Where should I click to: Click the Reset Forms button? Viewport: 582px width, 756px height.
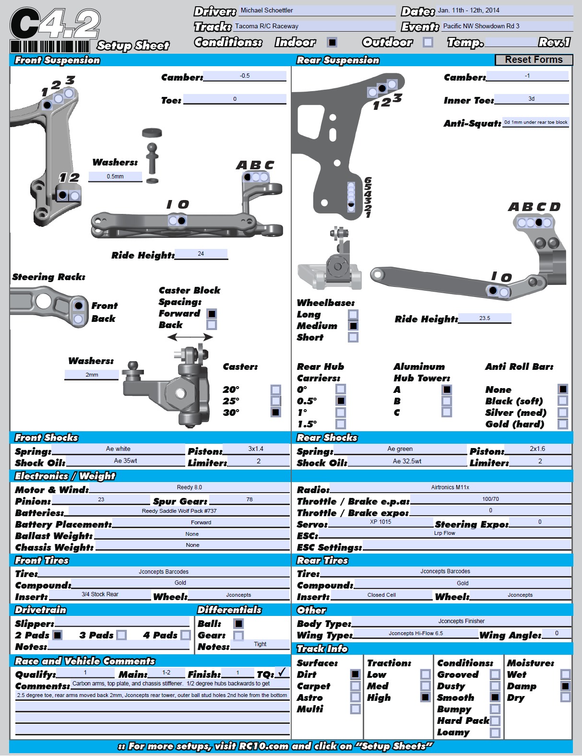(x=534, y=59)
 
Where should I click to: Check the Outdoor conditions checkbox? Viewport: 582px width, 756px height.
(x=428, y=42)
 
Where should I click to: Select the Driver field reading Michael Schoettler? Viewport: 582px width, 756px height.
(x=318, y=11)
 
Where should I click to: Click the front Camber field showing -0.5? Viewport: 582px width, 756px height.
(x=245, y=76)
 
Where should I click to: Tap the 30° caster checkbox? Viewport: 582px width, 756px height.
(x=276, y=412)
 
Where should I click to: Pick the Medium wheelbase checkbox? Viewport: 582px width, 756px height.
(x=353, y=326)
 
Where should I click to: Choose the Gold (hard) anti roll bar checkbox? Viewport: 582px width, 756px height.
(x=563, y=424)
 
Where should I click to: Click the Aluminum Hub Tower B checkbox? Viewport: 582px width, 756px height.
(x=447, y=401)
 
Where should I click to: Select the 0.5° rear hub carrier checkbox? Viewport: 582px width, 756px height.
(x=341, y=401)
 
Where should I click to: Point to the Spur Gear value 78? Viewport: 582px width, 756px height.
(x=249, y=499)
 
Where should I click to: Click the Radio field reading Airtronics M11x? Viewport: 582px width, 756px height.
(x=450, y=487)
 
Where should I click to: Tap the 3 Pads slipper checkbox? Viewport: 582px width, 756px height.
(x=122, y=635)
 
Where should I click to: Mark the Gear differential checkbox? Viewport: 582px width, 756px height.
(x=238, y=635)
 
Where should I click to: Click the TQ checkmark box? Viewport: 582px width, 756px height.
(x=282, y=673)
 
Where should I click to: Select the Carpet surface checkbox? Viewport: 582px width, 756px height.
(x=356, y=686)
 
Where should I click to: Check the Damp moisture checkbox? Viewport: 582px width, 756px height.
(x=566, y=686)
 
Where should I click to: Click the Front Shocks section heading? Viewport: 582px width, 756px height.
(x=47, y=437)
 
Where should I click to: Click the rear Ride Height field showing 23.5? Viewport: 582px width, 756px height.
(x=485, y=318)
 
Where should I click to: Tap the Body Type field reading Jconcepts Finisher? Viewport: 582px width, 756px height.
(x=461, y=621)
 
